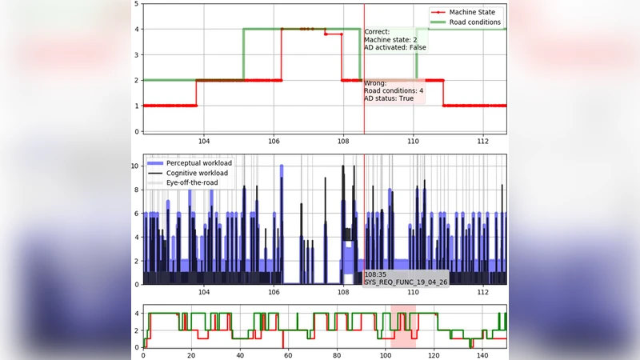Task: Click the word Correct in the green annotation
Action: [x=378, y=32]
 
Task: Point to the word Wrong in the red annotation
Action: [x=375, y=83]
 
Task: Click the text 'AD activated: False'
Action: [x=394, y=47]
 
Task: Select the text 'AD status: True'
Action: [x=389, y=98]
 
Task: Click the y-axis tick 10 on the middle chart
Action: [x=134, y=168]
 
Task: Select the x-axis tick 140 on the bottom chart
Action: [x=482, y=354]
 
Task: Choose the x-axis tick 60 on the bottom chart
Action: [x=288, y=354]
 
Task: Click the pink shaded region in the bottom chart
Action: [x=403, y=326]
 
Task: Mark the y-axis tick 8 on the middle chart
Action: [x=136, y=191]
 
